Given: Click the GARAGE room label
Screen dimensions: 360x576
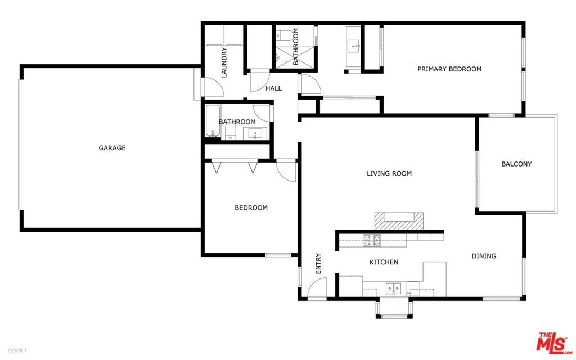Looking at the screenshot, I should pyautogui.click(x=112, y=148).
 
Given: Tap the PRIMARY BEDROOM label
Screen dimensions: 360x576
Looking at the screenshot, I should pyautogui.click(x=449, y=69).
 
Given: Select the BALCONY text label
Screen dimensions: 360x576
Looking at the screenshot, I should pyautogui.click(x=516, y=164).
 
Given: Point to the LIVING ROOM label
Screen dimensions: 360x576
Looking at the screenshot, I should pyautogui.click(x=389, y=173).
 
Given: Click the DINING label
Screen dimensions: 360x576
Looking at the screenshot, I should pyautogui.click(x=483, y=256).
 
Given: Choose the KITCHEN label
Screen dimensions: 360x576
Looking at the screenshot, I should pyautogui.click(x=384, y=262).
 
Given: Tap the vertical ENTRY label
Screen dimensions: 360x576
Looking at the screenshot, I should pyautogui.click(x=318, y=263).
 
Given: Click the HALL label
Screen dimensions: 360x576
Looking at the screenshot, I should pyautogui.click(x=273, y=88).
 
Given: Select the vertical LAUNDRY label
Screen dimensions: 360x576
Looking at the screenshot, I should pyautogui.click(x=224, y=62).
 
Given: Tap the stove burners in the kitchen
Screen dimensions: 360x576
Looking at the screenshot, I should pyautogui.click(x=372, y=241).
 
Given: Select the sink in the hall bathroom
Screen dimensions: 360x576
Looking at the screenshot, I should pyautogui.click(x=255, y=133).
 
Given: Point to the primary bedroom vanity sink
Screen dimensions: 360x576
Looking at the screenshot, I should pyautogui.click(x=354, y=46).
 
